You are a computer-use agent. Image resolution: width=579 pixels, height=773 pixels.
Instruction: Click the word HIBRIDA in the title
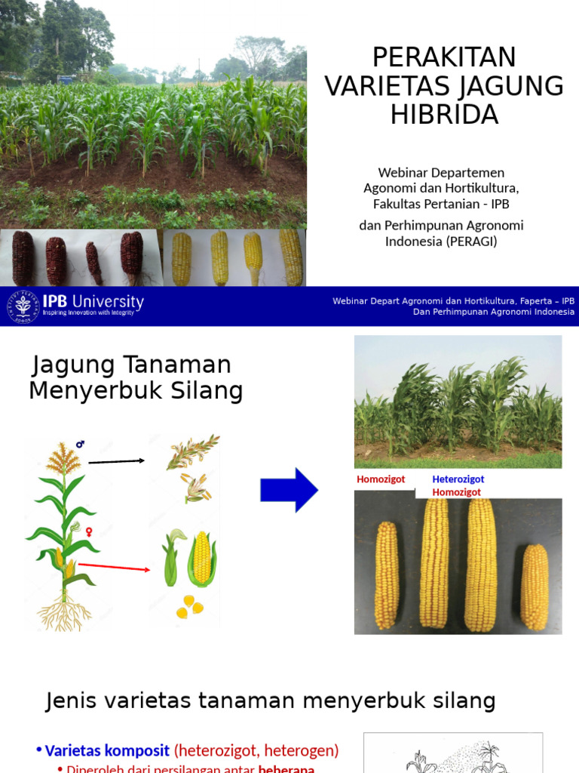pos(445,115)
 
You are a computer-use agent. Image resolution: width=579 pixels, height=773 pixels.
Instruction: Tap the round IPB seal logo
pos(23,306)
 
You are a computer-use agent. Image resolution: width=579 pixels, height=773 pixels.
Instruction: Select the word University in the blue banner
pos(105,300)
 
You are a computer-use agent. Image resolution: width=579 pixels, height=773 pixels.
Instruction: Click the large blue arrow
pos(289,490)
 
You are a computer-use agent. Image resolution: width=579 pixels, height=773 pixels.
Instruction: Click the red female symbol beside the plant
pos(89,531)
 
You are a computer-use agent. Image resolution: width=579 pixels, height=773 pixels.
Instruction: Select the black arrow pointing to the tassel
pos(116,460)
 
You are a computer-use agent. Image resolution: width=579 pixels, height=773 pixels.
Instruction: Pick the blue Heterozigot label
pos(458,479)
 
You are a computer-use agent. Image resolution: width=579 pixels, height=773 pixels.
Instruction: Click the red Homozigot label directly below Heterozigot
pos(456,492)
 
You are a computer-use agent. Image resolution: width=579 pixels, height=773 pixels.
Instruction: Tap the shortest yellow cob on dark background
pos(535,587)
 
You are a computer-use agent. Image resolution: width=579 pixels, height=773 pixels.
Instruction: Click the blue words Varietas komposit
pos(108,750)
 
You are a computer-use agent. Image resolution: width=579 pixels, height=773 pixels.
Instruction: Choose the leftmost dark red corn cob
pos(23,258)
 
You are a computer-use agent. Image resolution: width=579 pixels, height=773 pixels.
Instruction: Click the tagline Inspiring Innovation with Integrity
pos(92,313)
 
